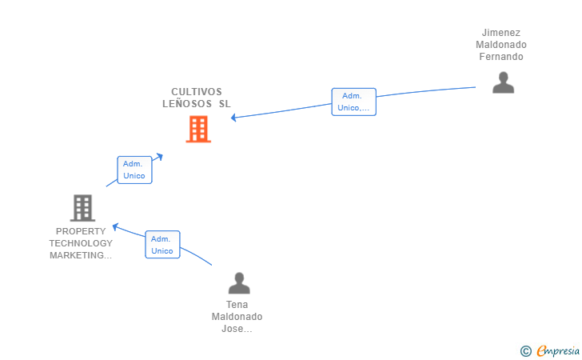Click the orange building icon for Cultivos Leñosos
tap(198, 129)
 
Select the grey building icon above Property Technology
tap(83, 208)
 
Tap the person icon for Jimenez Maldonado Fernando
tap(504, 82)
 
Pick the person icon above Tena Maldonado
tap(239, 283)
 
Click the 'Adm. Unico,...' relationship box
tap(353, 102)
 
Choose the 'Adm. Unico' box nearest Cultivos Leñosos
tap(135, 170)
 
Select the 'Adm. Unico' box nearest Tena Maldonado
tap(162, 245)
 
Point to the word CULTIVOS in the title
tap(197, 92)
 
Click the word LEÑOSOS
tap(187, 104)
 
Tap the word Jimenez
tap(501, 33)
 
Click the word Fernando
tap(501, 57)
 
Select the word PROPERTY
tap(81, 231)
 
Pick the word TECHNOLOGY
tap(81, 243)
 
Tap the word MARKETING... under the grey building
tap(81, 255)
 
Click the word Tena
tap(237, 305)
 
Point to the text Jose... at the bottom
tap(237, 329)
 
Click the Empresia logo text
tap(558, 351)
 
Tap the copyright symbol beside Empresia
tap(526, 351)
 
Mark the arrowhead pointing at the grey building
tap(115, 226)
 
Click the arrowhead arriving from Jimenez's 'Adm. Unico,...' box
tap(233, 118)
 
